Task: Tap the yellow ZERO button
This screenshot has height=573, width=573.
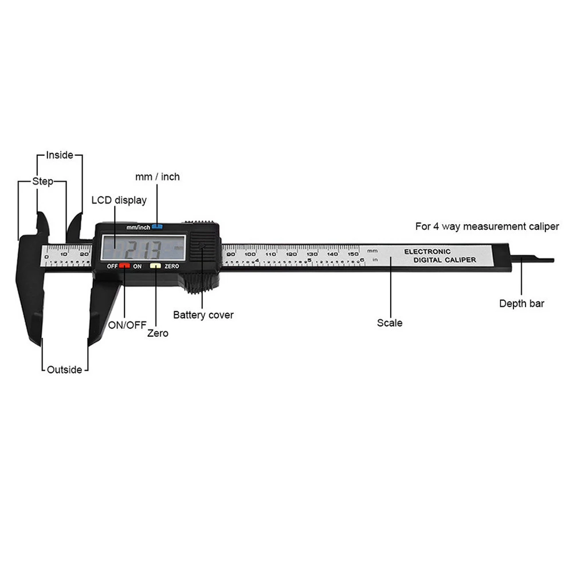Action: click(x=155, y=266)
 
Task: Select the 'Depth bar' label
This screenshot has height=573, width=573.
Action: click(x=521, y=304)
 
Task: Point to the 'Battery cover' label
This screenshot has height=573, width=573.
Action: click(x=203, y=315)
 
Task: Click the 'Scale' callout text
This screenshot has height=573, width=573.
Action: click(x=390, y=323)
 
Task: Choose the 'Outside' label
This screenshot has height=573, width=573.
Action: click(x=64, y=370)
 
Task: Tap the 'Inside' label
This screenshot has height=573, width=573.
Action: click(x=60, y=155)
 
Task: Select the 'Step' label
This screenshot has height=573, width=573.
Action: click(x=42, y=182)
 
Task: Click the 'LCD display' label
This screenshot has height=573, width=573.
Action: click(x=119, y=201)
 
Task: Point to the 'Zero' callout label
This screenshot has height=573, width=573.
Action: click(x=158, y=333)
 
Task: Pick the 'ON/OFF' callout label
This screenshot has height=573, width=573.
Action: click(x=127, y=324)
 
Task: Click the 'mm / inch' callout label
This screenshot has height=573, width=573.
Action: click(x=157, y=177)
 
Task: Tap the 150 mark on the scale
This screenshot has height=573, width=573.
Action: click(x=353, y=253)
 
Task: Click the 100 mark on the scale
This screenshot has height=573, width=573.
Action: click(x=250, y=253)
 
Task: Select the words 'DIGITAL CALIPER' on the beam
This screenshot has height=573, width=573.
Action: click(x=445, y=260)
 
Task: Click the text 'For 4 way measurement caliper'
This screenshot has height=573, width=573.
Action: click(x=487, y=226)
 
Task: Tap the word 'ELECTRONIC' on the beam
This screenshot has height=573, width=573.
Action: click(x=427, y=252)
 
